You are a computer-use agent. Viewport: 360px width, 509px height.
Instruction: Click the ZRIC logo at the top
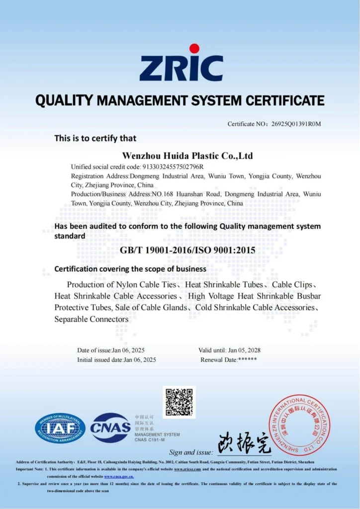click(x=180, y=67)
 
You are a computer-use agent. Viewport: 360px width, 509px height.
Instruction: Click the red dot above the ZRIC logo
click(x=194, y=49)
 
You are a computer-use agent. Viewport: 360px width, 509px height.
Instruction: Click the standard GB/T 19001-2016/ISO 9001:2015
click(x=187, y=250)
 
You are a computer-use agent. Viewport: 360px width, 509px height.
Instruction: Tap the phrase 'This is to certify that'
click(x=95, y=138)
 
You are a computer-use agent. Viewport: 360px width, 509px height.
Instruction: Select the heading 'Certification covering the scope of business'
click(x=130, y=269)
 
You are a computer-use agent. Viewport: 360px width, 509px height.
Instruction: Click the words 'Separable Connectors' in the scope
click(x=91, y=319)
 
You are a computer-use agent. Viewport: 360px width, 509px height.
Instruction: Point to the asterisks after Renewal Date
click(x=248, y=359)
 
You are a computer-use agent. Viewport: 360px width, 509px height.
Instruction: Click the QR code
click(x=179, y=402)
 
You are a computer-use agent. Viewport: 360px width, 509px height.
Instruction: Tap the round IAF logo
click(x=60, y=428)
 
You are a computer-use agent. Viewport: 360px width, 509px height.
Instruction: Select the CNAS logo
click(x=110, y=427)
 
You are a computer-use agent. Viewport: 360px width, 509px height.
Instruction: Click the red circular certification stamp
click(x=299, y=425)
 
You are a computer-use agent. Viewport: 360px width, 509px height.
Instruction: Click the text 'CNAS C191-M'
click(x=150, y=439)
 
